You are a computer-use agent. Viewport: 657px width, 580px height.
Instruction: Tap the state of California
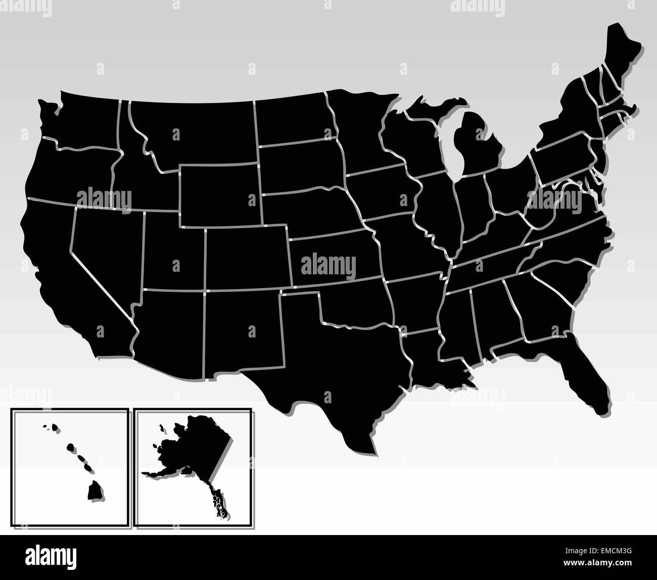point(56,263)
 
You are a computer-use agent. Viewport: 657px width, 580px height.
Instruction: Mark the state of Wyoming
point(220,195)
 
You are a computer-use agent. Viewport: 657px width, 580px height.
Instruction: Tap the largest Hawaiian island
point(94,491)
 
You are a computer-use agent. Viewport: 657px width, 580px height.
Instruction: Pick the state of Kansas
point(334,258)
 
